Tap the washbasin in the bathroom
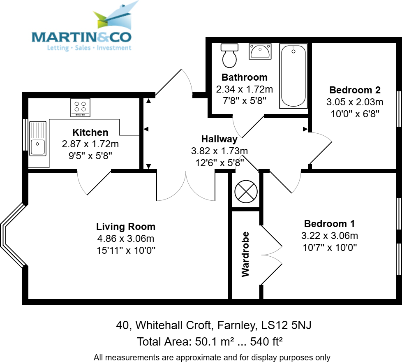pyautogui.click(x=259, y=52)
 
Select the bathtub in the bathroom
pyautogui.click(x=293, y=76)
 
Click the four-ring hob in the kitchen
pyautogui.click(x=80, y=107)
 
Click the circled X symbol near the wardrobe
pyautogui.click(x=246, y=191)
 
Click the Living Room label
pyautogui.click(x=126, y=226)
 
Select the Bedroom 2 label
pyautogui.click(x=355, y=90)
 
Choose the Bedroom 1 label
pyautogui.click(x=329, y=224)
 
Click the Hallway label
pyautogui.click(x=219, y=139)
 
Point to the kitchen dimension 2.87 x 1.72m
pyautogui.click(x=90, y=144)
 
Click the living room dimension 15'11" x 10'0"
pyautogui.click(x=126, y=250)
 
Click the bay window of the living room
pyautogui.click(x=12, y=236)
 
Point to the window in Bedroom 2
pyautogui.click(x=398, y=109)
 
